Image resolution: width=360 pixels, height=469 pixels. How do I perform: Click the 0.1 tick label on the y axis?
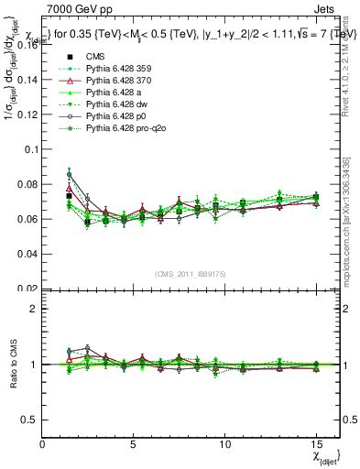[29, 148]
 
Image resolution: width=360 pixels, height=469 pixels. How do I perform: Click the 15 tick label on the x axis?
[316, 443]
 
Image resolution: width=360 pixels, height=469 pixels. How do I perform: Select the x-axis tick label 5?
[134, 443]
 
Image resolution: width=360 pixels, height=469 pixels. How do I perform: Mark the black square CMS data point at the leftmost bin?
[70, 196]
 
